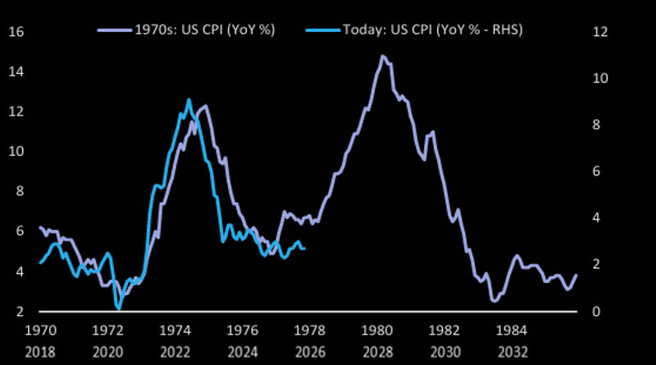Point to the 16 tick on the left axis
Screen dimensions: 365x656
(16, 32)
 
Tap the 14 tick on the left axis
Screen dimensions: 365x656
(16, 72)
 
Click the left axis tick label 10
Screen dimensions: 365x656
(16, 152)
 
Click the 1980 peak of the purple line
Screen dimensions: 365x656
(382, 56)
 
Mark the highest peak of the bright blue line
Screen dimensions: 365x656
(189, 100)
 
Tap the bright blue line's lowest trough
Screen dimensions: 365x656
(119, 308)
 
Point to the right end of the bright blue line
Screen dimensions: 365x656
(305, 248)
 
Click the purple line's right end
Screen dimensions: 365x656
(576, 275)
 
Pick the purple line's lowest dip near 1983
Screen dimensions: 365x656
(494, 301)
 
